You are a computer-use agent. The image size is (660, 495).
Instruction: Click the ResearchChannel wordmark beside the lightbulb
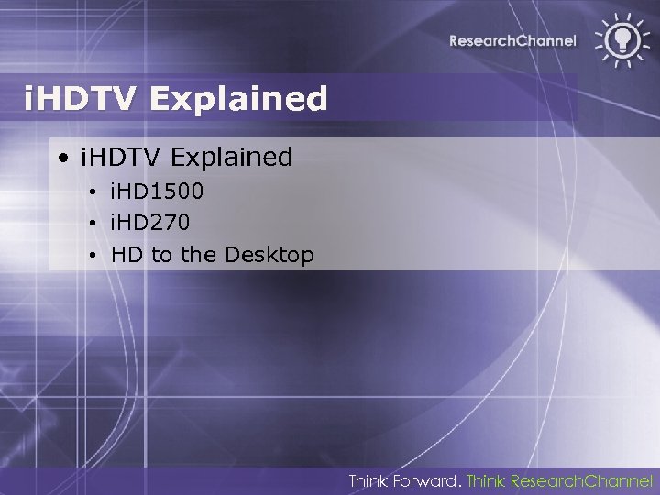(x=512, y=40)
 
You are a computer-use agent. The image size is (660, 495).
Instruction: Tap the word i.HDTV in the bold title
(x=82, y=98)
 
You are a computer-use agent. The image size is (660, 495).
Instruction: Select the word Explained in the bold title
(x=237, y=98)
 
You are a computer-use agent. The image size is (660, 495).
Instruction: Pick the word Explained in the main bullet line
(x=231, y=157)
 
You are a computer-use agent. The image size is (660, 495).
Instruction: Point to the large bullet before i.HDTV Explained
(x=62, y=158)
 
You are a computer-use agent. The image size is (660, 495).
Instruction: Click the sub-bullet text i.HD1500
(x=157, y=192)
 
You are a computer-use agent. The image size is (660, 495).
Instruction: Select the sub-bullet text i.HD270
(x=150, y=223)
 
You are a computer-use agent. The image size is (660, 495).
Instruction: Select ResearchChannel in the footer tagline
(x=580, y=480)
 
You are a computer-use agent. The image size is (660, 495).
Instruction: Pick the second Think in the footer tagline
(x=486, y=480)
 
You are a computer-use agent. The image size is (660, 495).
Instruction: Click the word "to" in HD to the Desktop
(x=161, y=254)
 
